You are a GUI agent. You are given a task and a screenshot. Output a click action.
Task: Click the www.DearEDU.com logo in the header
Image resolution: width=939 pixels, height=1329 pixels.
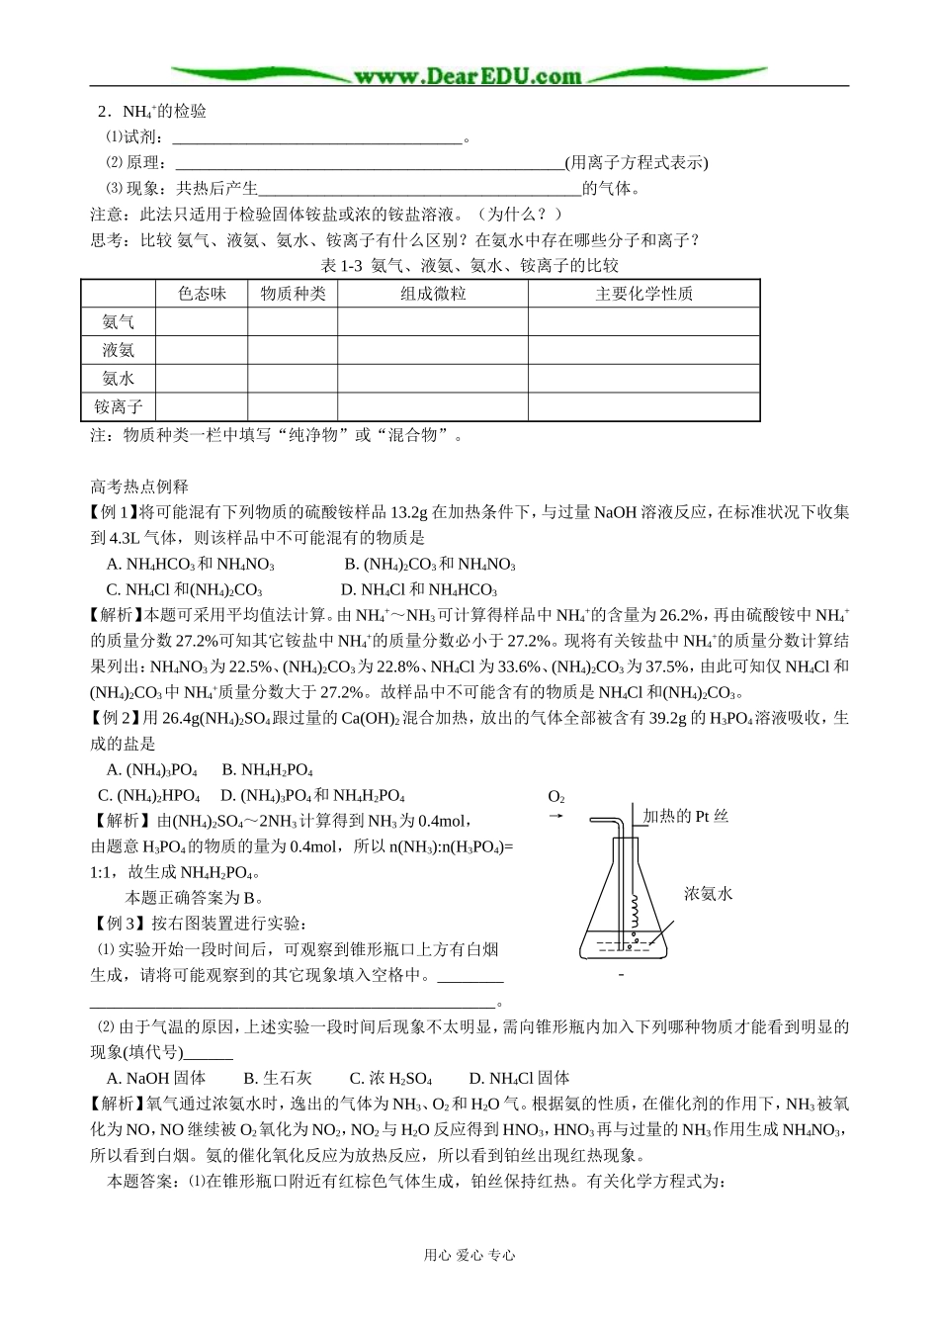pyautogui.click(x=469, y=76)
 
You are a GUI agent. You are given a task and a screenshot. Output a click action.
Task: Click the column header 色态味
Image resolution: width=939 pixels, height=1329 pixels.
pyautogui.click(x=202, y=294)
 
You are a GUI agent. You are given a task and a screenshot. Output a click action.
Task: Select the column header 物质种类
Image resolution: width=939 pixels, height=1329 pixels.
pyautogui.click(x=293, y=294)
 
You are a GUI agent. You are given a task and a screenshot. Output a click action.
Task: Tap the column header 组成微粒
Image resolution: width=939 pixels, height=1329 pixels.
pyautogui.click(x=433, y=294)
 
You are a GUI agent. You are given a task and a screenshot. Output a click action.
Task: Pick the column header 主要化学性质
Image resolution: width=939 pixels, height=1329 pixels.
pyautogui.click(x=643, y=294)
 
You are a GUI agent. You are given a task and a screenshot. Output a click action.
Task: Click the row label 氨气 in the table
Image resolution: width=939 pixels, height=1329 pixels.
pyautogui.click(x=118, y=322)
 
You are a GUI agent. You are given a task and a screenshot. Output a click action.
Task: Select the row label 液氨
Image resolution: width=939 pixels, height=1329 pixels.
pyautogui.click(x=118, y=350)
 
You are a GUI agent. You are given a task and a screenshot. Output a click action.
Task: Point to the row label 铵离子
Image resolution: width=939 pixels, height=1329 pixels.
pyautogui.click(x=118, y=406)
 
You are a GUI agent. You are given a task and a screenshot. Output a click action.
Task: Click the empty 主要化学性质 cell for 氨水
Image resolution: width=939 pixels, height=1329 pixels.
pyautogui.click(x=643, y=379)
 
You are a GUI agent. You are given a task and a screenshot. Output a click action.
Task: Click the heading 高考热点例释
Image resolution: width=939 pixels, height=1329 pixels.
pyautogui.click(x=139, y=487)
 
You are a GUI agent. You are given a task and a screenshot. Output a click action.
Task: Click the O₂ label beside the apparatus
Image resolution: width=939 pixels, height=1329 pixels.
pyautogui.click(x=556, y=797)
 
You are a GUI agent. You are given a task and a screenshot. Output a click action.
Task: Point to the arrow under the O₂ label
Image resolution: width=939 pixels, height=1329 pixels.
pyautogui.click(x=555, y=817)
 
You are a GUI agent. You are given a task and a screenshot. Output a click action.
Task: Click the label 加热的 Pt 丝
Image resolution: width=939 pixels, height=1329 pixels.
pyautogui.click(x=685, y=817)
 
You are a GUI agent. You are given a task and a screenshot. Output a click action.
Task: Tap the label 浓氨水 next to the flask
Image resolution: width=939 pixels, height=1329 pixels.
pyautogui.click(x=708, y=894)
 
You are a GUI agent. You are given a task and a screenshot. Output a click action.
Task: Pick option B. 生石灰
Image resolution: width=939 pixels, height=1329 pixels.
pyautogui.click(x=278, y=1078)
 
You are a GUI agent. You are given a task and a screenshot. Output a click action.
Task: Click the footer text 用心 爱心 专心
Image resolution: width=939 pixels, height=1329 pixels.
pyautogui.click(x=469, y=1255)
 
